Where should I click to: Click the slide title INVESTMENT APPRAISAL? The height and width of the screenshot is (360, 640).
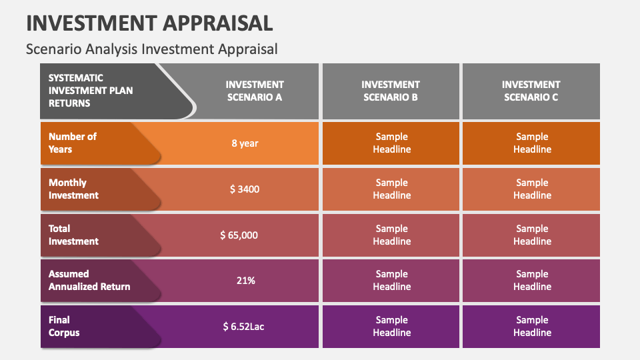tap(149, 23)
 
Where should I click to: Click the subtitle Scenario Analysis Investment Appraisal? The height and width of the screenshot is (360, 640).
tap(151, 49)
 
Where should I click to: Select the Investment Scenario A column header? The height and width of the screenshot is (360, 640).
tap(255, 91)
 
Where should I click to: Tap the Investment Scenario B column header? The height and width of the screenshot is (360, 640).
tap(391, 91)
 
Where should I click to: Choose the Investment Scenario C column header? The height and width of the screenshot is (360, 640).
tap(531, 91)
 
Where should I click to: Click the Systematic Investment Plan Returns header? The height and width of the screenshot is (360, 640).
tap(91, 91)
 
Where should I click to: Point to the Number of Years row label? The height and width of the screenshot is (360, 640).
tap(73, 143)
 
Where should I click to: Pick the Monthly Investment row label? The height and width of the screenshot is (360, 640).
tap(73, 189)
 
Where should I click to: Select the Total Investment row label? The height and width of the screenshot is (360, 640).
tap(73, 235)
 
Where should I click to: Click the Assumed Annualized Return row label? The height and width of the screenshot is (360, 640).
tap(89, 280)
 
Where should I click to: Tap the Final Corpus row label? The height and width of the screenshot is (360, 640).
tap(64, 326)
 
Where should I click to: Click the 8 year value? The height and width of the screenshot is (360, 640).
tap(245, 143)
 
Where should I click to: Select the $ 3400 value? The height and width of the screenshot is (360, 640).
tap(245, 189)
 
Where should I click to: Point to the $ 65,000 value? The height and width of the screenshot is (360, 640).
tap(239, 235)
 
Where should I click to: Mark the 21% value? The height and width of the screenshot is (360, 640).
tap(245, 280)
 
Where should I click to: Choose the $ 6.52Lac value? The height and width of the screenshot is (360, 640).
tap(244, 326)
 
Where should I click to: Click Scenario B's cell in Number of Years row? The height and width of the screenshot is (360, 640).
tap(391, 143)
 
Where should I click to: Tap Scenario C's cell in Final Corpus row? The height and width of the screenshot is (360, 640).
tap(532, 326)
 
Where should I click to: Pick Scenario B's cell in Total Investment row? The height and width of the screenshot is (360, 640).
tap(391, 235)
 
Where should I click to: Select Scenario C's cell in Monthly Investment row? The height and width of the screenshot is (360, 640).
tap(532, 189)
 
